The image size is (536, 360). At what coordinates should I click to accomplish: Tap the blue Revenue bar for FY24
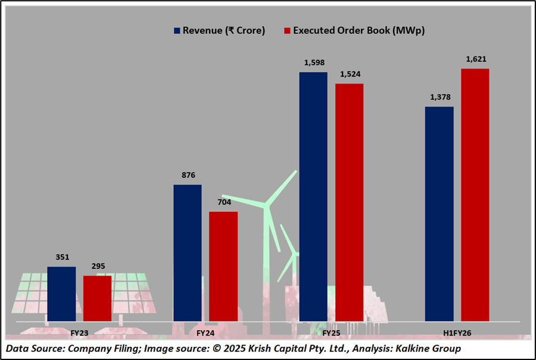(187, 253)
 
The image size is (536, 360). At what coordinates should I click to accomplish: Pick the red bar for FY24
(223, 267)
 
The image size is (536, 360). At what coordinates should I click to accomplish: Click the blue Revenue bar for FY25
(313, 196)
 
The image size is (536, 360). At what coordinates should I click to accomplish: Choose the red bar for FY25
(349, 202)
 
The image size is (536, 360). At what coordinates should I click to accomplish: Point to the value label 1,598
(313, 63)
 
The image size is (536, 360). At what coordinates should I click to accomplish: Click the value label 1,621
(475, 60)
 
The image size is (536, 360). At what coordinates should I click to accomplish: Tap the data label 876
(187, 176)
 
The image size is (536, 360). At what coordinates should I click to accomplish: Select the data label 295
(97, 266)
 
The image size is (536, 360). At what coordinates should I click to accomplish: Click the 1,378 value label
(440, 98)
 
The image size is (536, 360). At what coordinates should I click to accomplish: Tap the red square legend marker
(287, 30)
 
